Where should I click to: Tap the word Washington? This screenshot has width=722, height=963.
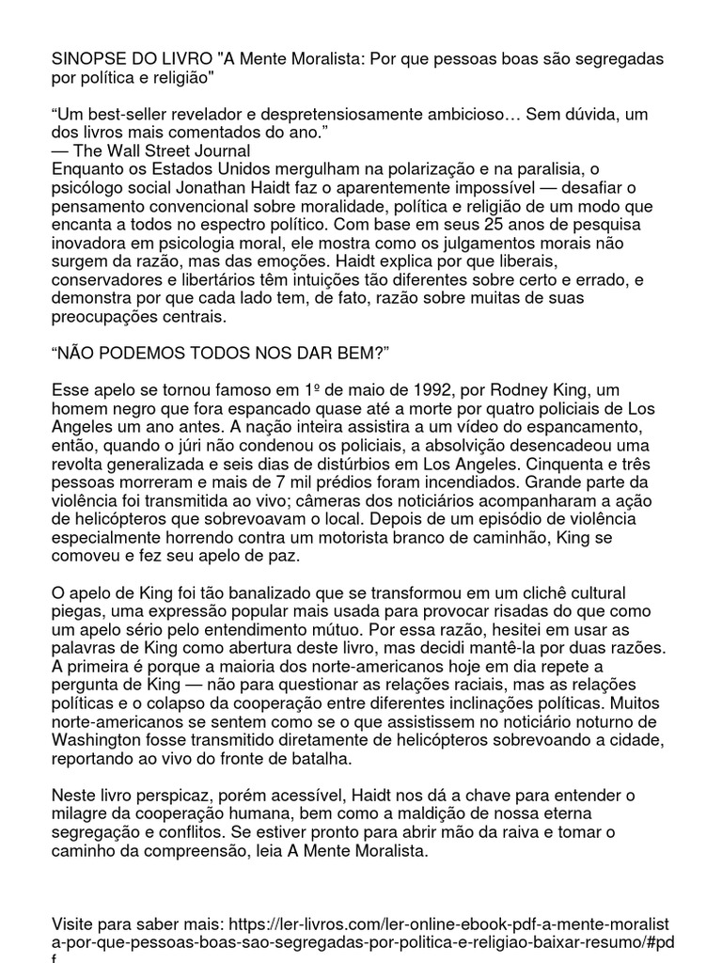tap(102, 740)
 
